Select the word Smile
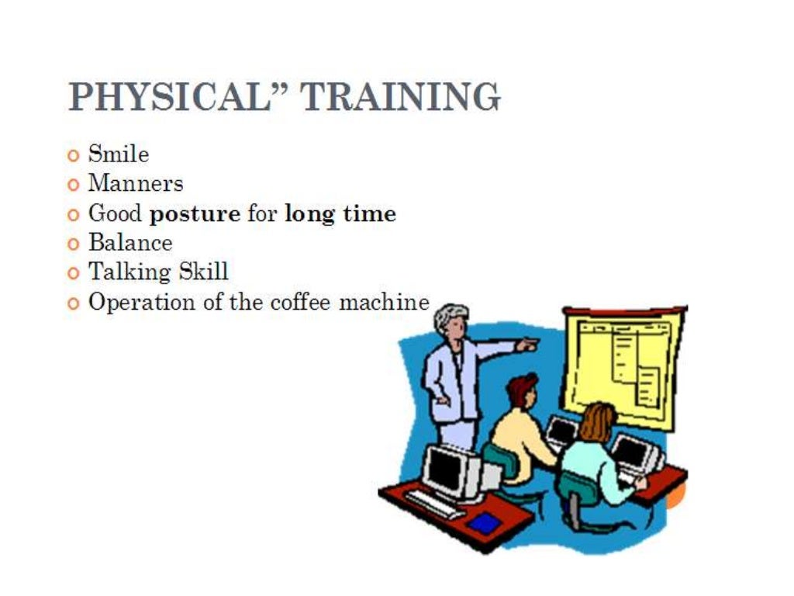click(x=119, y=154)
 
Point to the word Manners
click(x=136, y=184)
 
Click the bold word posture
click(x=195, y=214)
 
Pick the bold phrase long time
click(x=340, y=213)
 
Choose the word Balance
click(x=130, y=243)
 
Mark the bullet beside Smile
click(x=74, y=155)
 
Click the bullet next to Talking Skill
click(x=74, y=273)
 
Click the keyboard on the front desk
click(x=435, y=505)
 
